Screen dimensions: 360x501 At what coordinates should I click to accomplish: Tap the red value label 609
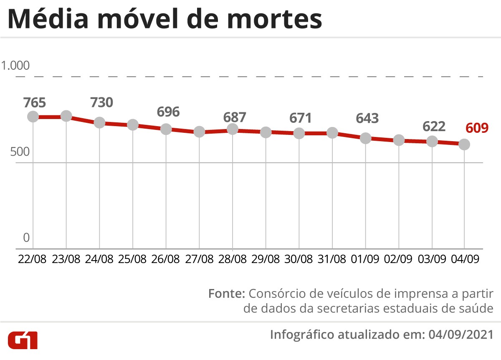477,127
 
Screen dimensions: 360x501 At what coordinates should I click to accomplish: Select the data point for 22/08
33,117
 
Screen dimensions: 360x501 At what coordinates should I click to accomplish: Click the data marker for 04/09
464,145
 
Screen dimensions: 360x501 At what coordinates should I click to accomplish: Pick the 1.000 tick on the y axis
16,66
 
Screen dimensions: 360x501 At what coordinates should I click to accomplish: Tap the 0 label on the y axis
26,238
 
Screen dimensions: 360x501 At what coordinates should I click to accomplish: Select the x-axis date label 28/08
232,259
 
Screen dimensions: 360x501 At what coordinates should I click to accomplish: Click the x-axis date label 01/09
365,259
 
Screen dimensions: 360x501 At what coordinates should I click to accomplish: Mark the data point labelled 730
99,122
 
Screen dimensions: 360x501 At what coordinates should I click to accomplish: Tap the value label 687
235,117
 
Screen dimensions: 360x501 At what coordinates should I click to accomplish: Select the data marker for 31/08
332,133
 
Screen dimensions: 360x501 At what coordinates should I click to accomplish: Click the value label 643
367,118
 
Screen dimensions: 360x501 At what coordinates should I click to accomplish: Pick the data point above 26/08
166,129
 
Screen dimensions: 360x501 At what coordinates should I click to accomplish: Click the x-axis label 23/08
66,259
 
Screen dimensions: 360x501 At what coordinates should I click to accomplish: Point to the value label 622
434,126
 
